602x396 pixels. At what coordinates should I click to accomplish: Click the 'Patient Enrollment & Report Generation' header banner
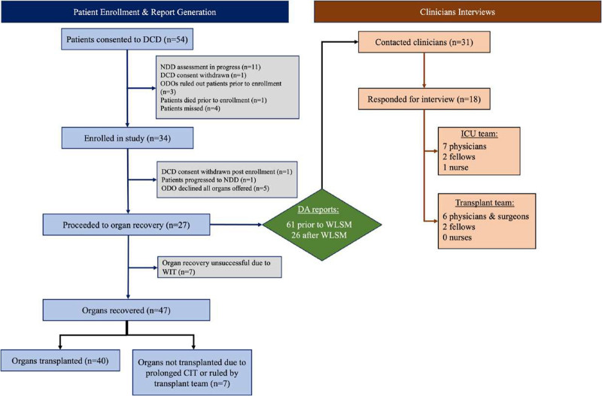coord(144,12)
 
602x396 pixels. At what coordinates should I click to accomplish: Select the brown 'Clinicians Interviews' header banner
coord(458,12)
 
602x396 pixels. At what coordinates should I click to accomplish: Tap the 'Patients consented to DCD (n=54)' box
coord(127,39)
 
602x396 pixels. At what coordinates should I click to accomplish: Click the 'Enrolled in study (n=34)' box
coord(127,138)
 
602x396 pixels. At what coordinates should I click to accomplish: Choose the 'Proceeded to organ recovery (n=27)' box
coord(126,225)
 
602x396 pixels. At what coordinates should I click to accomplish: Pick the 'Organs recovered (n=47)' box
coord(126,310)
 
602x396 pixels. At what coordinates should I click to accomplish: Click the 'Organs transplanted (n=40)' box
coord(60,361)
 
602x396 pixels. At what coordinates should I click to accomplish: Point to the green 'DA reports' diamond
coord(322,224)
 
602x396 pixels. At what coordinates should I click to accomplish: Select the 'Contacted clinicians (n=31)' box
coord(424,42)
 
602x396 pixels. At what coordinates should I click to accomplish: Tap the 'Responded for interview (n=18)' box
coord(424,99)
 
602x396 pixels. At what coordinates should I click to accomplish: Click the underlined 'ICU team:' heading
coord(479,134)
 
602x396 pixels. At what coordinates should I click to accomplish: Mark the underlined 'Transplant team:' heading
coord(485,203)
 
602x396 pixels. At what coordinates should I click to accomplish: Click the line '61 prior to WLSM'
coord(319,224)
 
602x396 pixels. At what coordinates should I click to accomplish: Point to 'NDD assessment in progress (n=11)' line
coord(211,67)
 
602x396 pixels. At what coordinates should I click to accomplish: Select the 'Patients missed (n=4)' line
coord(190,108)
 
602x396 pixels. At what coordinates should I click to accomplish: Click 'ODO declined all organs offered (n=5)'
coord(215,188)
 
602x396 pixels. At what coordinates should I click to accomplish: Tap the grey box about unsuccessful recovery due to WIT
coord(220,268)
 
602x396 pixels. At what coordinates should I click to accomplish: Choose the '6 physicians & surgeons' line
coord(485,216)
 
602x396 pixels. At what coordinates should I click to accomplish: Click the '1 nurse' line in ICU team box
coord(455,167)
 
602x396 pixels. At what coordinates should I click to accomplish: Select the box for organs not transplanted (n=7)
coord(193,372)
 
